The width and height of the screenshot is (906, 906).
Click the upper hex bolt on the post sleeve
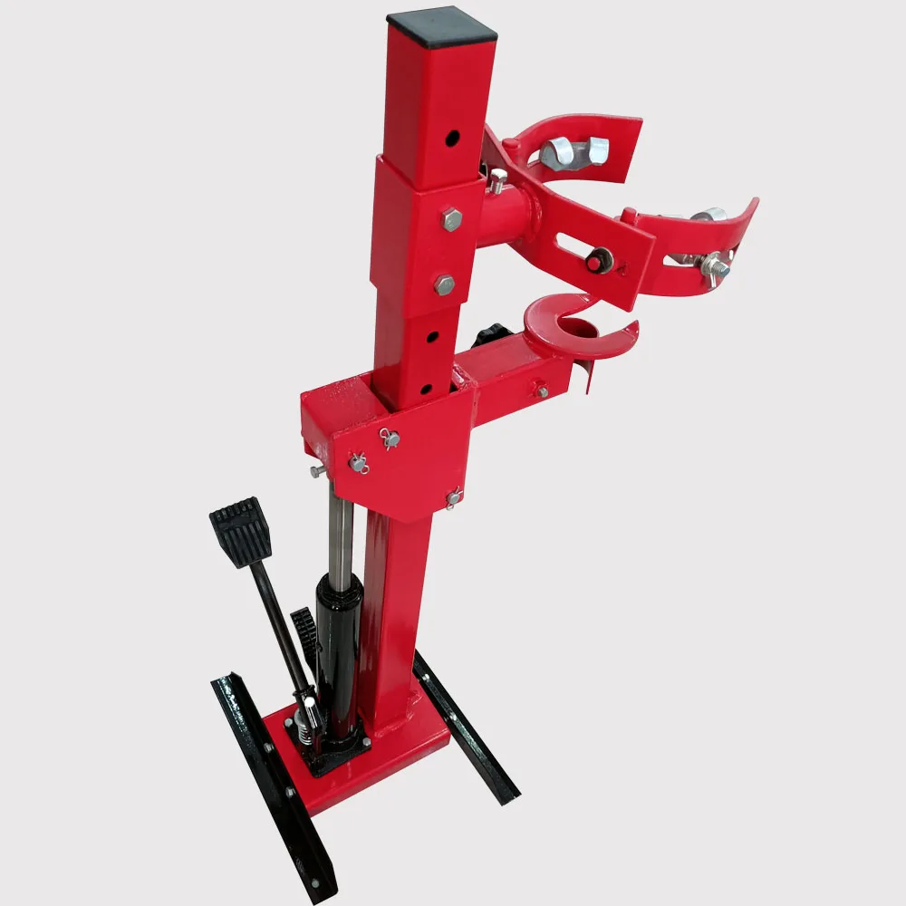pos(450,218)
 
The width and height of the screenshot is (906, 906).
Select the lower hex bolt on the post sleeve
pos(444,284)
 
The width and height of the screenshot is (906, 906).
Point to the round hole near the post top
pos(451,138)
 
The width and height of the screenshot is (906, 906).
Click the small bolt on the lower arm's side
pos(541,391)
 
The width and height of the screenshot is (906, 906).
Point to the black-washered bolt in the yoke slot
pos(597,262)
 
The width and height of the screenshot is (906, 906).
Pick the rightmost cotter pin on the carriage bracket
pos(452,496)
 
